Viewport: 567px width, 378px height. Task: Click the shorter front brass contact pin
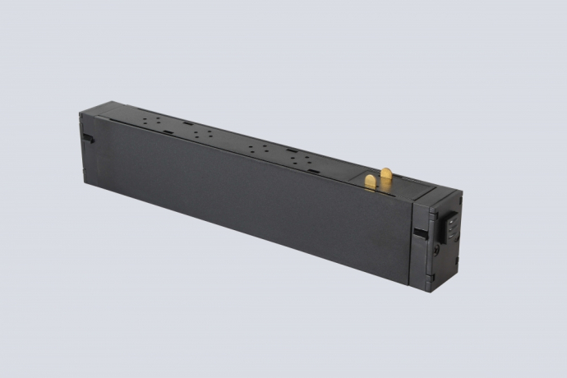coord(371,181)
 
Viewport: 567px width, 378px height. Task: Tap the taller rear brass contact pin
coord(385,175)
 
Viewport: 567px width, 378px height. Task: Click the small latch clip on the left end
coord(88,137)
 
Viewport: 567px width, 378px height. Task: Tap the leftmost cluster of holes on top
coord(151,120)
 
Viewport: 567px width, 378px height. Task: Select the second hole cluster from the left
coord(202,132)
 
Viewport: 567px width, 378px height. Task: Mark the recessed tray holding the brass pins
coord(386,182)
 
